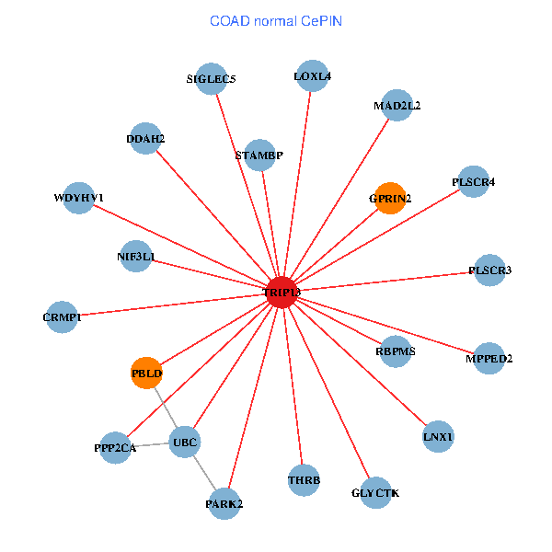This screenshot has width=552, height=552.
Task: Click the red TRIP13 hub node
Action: coord(282,292)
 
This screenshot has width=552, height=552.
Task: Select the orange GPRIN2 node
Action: coord(390,198)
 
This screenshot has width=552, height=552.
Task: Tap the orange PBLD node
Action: coord(146,374)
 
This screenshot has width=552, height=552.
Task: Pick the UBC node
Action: coord(185,442)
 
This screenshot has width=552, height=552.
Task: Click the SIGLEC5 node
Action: coord(212,79)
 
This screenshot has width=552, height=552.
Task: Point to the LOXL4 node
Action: coord(312,76)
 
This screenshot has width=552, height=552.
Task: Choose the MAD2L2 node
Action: coord(397,105)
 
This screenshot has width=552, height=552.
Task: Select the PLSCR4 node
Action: coord(473,181)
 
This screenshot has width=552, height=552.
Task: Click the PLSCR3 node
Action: coord(489,270)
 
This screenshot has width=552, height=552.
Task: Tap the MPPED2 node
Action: coord(489,358)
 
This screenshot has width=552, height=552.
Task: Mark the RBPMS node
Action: coord(396,351)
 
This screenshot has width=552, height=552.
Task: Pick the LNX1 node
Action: coord(438,436)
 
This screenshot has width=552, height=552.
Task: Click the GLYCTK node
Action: coord(375,493)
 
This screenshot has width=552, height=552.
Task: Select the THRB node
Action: coord(304,480)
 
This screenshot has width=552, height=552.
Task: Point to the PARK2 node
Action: coord(224,504)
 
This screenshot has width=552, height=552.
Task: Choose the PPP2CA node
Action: coord(116,448)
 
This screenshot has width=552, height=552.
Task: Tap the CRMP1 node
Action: coord(63,316)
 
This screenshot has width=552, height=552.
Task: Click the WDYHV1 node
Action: coord(79,198)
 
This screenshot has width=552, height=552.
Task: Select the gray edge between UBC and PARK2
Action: coord(204,473)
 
